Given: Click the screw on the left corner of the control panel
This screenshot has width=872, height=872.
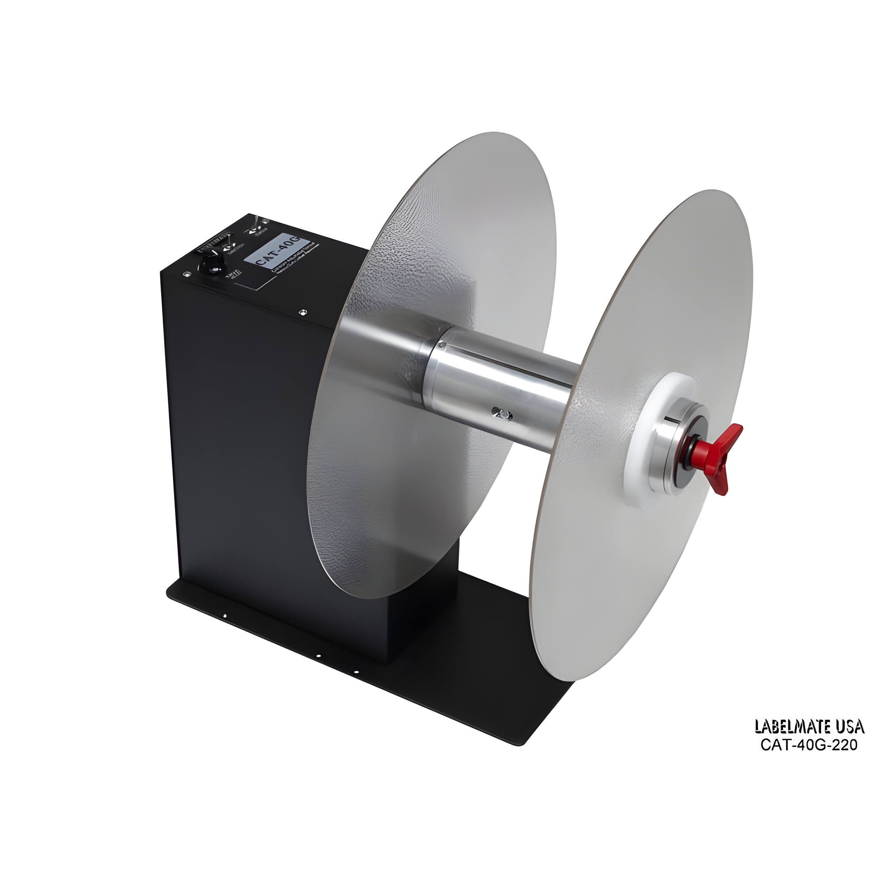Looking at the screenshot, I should coord(186,274).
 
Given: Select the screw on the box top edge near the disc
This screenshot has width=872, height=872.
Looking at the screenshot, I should coord(302,311).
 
